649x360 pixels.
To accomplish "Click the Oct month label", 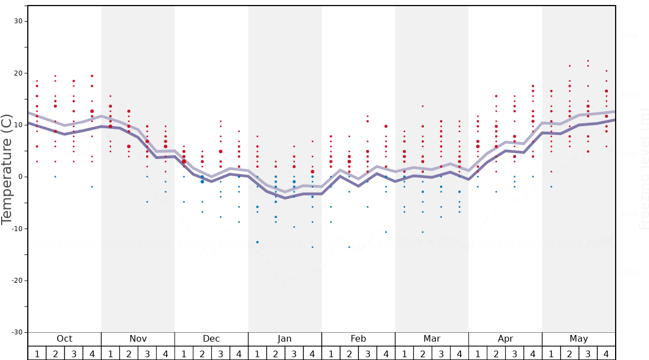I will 64,339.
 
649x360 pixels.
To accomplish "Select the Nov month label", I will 138,339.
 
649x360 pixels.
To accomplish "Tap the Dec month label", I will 211,339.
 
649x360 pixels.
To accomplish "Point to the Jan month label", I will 284,339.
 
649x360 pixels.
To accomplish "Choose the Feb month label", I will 358,339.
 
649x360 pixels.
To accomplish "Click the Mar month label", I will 432,339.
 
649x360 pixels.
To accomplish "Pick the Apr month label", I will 505,339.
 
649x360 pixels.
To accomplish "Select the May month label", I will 578,339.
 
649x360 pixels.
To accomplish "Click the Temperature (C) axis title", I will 7,169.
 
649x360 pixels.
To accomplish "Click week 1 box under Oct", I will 37,353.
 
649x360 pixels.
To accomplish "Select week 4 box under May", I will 606,353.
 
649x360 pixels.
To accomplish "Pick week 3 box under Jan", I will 294,353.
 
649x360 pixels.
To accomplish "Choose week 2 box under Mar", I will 422,353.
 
